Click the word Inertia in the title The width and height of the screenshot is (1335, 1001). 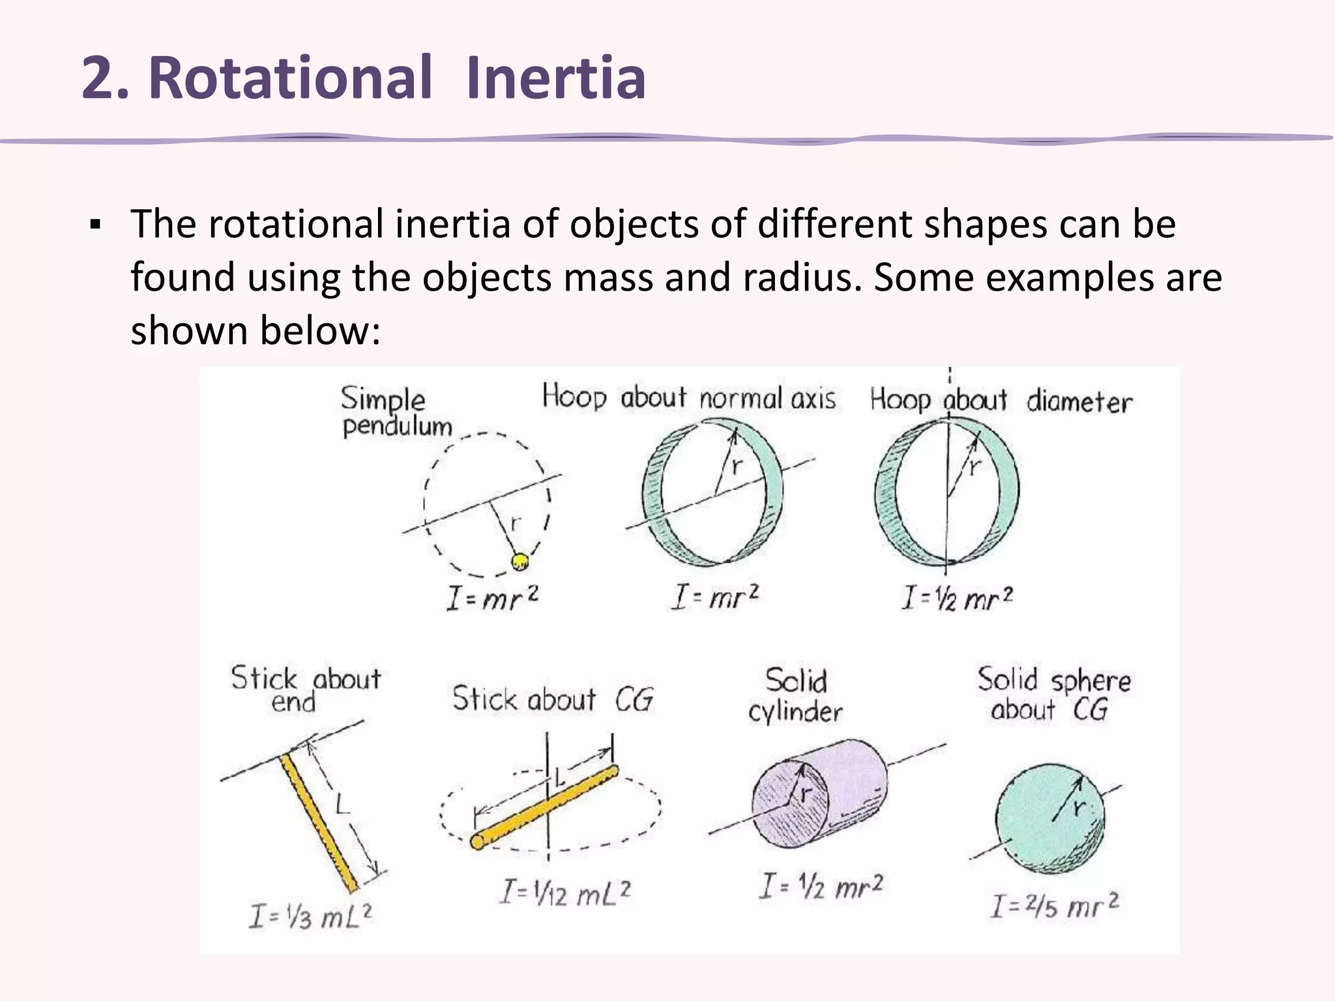(x=555, y=78)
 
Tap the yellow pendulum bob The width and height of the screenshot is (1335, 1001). (x=520, y=560)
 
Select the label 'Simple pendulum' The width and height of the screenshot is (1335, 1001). (x=396, y=412)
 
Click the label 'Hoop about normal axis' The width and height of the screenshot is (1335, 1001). (x=688, y=398)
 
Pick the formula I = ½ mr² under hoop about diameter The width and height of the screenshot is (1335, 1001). (x=957, y=598)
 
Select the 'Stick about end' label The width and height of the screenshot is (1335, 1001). (x=305, y=689)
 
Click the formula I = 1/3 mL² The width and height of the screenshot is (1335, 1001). (x=310, y=916)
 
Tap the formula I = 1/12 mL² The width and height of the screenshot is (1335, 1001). (x=565, y=892)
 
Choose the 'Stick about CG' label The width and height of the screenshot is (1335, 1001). (x=553, y=699)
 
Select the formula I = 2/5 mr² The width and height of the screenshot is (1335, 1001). (x=1054, y=905)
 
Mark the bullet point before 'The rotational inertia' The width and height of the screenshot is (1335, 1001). (x=95, y=225)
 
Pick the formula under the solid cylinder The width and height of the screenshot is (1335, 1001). (x=820, y=887)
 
